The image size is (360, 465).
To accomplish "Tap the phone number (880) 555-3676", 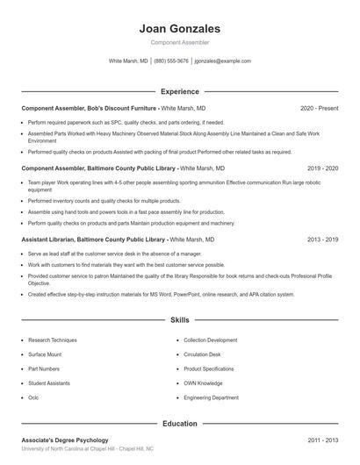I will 171,61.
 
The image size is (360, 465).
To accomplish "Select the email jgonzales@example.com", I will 223,61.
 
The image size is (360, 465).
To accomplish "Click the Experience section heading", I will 180,91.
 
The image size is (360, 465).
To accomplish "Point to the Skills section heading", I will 180,321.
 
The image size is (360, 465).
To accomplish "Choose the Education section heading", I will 180,424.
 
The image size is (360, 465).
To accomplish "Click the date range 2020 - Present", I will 319,108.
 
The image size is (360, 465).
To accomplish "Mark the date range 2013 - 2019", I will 323,240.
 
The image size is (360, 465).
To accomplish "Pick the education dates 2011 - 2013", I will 323,440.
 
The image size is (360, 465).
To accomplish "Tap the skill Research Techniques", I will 53,340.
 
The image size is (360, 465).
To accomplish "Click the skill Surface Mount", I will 45,354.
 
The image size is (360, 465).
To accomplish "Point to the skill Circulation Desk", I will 203,354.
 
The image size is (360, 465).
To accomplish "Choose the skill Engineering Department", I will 211,397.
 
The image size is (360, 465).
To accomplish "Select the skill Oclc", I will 33,397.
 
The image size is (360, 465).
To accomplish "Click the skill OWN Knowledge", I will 204,383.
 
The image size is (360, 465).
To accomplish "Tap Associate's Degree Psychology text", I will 65,440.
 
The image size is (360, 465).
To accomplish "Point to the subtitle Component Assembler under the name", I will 180,42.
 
